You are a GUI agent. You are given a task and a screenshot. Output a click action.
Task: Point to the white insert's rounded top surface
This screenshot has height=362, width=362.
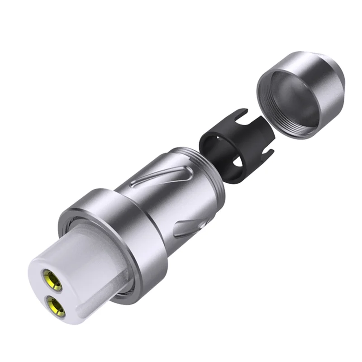pyautogui.click(x=72, y=253)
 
